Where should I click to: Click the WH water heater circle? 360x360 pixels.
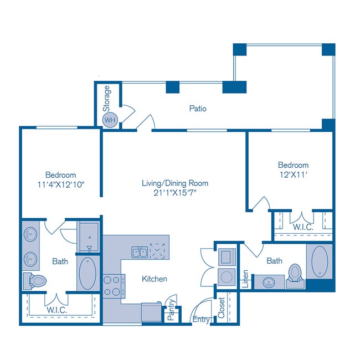point(109,119)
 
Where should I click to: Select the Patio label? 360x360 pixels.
point(198,109)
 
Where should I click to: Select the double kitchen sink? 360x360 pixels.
point(139,252)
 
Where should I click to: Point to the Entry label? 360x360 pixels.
point(200,320)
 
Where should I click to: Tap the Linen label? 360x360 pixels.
point(245,279)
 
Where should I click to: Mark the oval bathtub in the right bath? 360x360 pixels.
point(319,263)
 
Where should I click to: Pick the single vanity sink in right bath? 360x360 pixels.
point(268,281)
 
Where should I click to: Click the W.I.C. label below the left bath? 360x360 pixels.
point(57,310)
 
